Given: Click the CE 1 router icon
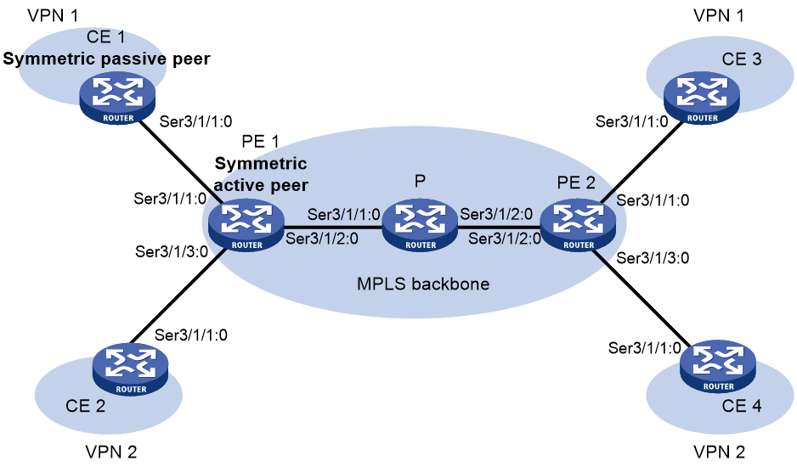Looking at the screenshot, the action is (117, 97).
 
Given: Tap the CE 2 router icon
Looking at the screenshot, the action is (130, 369).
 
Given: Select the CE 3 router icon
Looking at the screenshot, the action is (702, 97).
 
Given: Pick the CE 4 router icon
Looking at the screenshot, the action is (718, 366).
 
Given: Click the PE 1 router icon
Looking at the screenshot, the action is (246, 224).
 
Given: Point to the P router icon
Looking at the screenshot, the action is (421, 224).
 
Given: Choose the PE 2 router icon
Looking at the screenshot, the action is (578, 224).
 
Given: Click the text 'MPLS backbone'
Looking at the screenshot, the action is (423, 284).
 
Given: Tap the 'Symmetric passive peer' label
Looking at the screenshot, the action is (106, 59).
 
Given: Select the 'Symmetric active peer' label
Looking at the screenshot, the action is (261, 174).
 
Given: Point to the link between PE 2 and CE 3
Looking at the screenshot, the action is (642, 161).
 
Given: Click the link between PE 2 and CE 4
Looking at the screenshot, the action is (643, 297).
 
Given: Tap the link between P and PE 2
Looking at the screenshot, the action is (499, 228).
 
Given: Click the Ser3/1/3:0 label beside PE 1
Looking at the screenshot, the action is (172, 251).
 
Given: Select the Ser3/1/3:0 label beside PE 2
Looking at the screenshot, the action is (653, 258).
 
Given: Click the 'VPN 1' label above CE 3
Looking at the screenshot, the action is (719, 16).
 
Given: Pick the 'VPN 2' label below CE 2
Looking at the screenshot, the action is (110, 452).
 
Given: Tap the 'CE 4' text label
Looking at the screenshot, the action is (742, 406).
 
